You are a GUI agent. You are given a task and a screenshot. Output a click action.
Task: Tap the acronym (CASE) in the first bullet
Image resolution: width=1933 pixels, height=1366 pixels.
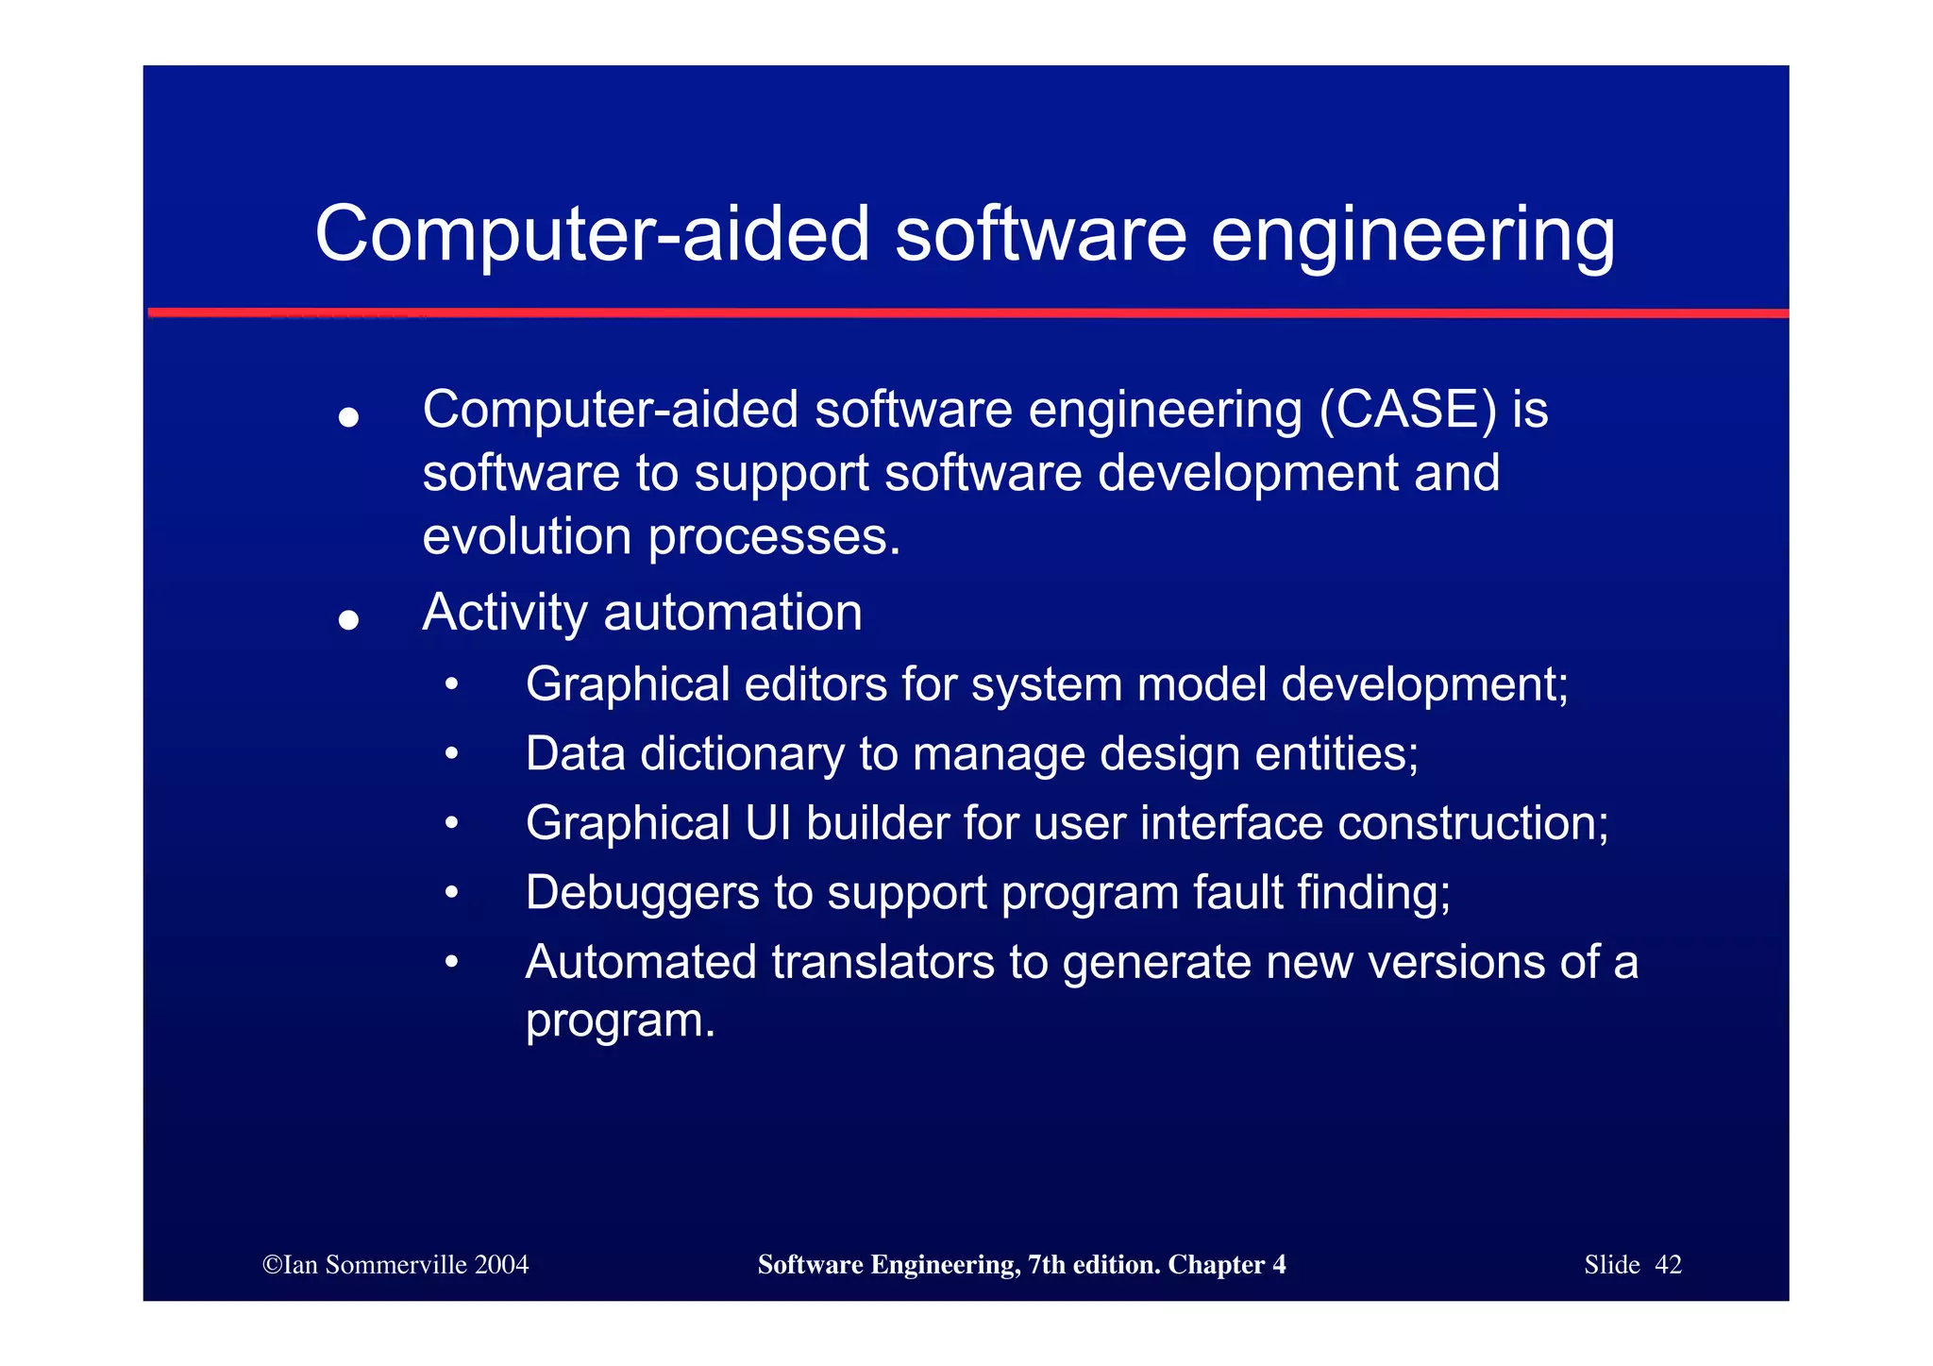point(1408,410)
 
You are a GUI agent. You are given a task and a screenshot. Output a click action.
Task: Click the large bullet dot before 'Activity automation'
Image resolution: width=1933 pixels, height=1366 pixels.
point(349,619)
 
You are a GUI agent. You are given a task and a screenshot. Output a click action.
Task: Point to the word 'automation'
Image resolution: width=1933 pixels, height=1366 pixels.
point(732,613)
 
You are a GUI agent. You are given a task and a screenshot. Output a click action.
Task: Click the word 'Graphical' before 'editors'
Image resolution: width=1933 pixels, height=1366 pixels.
point(627,684)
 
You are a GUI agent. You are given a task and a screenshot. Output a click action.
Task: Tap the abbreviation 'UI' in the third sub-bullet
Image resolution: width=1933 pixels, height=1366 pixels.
point(767,823)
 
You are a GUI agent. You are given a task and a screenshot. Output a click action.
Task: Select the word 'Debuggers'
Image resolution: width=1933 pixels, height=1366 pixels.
point(642,893)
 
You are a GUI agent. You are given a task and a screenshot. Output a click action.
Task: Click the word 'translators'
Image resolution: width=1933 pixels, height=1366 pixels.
point(882,963)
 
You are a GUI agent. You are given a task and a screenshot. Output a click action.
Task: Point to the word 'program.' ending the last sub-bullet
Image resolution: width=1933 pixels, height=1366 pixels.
point(620,1021)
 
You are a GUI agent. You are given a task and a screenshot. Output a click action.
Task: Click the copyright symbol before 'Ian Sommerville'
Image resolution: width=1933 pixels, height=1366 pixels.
point(272,1265)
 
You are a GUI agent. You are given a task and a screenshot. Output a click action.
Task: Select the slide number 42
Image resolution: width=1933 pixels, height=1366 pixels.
point(1668,1265)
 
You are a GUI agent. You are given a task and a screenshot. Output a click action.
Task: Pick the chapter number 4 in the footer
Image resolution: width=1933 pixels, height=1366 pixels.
point(1279,1265)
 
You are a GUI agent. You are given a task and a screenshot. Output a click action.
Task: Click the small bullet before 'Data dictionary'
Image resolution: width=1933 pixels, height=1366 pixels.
point(452,753)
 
